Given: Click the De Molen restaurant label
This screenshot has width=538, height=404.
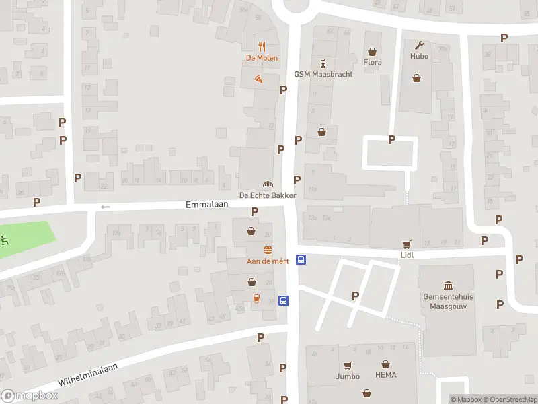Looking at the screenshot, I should pos(262,58).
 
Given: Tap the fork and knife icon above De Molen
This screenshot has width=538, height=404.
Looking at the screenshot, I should pos(262,46).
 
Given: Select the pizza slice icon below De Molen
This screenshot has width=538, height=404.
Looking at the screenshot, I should pos(259,79).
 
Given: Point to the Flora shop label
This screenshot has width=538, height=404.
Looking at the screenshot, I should pos(372,63).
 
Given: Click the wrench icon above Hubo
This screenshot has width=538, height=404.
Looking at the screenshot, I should pos(420,46).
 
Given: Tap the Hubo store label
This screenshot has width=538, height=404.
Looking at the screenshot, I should pos(419,57).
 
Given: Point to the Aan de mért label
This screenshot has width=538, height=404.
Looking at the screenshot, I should pos(268,261).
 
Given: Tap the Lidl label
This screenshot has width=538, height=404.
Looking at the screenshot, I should pos(406,255).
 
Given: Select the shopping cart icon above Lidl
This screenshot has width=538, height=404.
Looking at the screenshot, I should pos(406,244).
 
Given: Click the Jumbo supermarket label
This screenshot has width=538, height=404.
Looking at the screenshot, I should pos(348,376).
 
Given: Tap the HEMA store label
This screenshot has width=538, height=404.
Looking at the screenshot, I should pos(386,375).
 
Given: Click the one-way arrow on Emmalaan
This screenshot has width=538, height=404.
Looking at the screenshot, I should pos(104,207).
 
